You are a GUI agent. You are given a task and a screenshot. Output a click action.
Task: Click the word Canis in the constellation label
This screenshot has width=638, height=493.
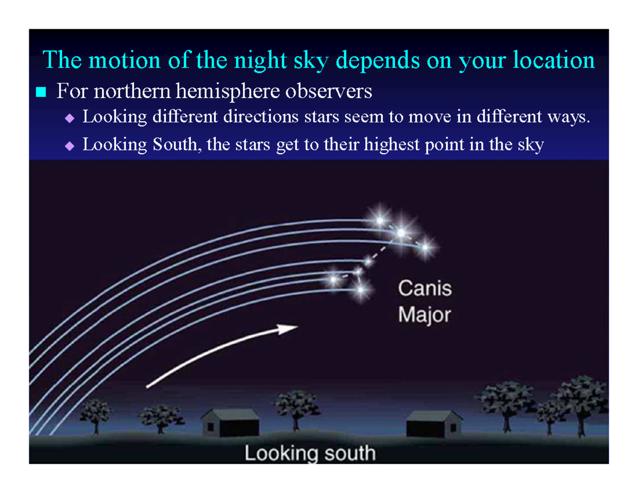pos(424,289)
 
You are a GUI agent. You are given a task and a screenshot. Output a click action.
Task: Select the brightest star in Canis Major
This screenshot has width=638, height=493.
pos(401,232)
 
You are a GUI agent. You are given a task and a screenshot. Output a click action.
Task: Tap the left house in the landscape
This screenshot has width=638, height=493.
pos(230,422)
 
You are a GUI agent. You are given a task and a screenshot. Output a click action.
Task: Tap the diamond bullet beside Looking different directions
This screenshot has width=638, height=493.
pos(70,118)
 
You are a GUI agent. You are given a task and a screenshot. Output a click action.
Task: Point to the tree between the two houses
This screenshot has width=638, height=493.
pos(292,407)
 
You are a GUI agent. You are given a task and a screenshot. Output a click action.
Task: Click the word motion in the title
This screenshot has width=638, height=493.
pos(116,60)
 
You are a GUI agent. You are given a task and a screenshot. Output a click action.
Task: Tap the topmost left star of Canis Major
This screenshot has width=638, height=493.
pos(380,220)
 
